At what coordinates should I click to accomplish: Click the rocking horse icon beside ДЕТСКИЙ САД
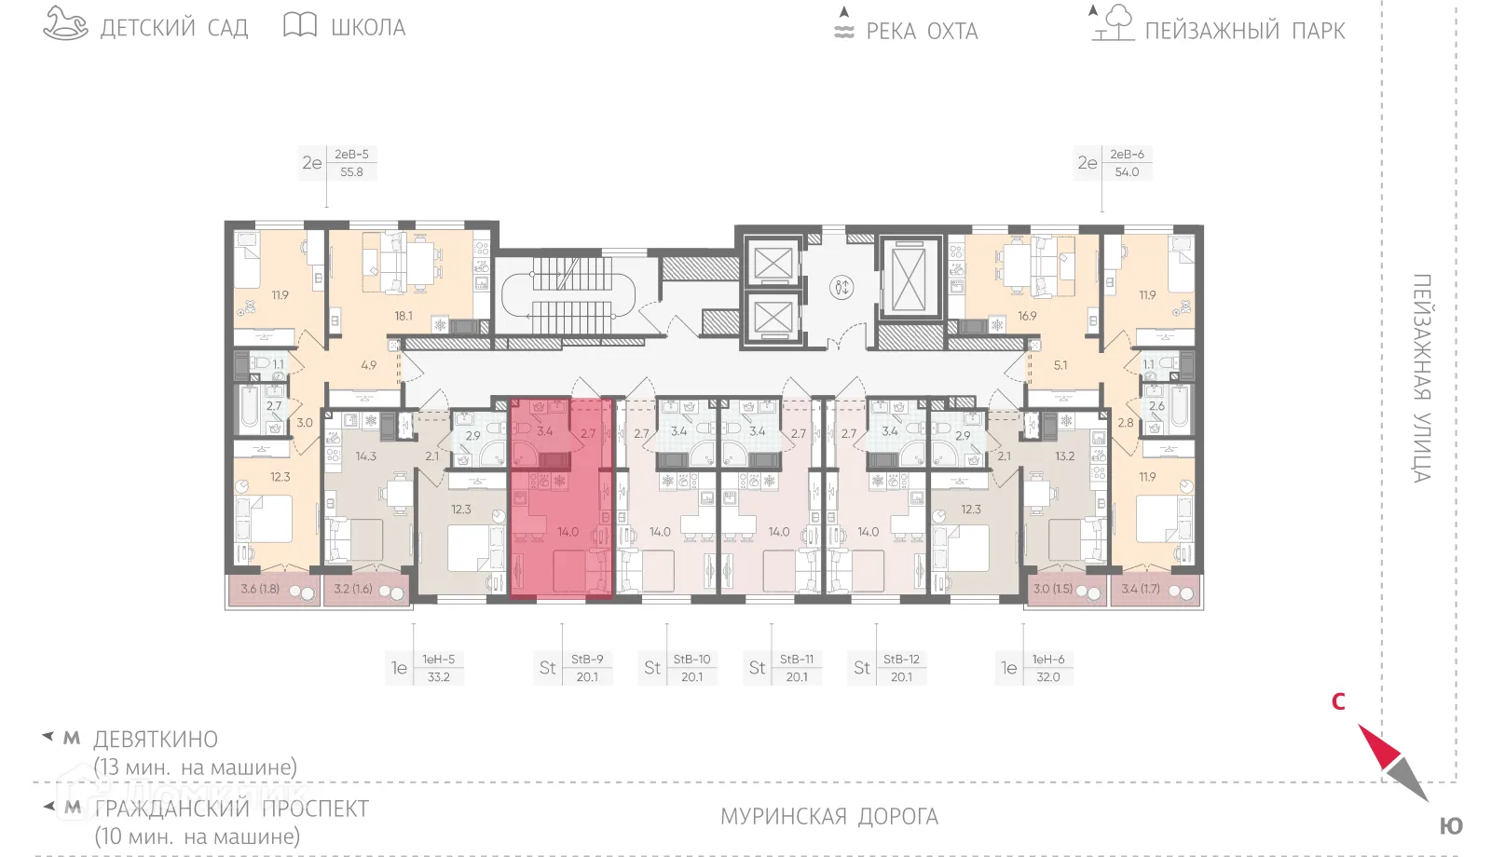tap(65, 24)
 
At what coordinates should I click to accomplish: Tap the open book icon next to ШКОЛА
tap(300, 25)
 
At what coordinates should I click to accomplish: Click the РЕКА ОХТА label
tap(922, 32)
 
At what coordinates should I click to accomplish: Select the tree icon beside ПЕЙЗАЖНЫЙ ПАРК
tap(1114, 23)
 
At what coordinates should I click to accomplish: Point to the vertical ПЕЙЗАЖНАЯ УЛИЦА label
tap(1421, 378)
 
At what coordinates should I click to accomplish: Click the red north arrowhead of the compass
tap(1377, 745)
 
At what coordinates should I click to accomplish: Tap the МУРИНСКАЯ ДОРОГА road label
tap(829, 817)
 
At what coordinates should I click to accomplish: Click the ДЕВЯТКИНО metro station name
tap(156, 740)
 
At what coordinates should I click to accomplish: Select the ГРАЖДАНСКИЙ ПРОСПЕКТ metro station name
tap(232, 809)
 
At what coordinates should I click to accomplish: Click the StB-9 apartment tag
tap(587, 660)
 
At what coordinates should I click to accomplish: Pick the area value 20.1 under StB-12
tap(901, 677)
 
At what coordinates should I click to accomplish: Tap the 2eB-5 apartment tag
tap(351, 155)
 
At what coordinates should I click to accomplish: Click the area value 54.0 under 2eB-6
tap(1127, 172)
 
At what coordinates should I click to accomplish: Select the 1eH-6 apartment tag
tap(1048, 660)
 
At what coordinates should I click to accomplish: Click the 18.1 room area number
tap(404, 316)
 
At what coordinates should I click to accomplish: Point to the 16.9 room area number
tap(1027, 316)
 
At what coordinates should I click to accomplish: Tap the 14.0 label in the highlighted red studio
tap(568, 532)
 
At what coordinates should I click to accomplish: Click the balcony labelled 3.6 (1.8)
tap(260, 589)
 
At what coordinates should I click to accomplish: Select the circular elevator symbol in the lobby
tap(841, 287)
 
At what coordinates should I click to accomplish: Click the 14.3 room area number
tap(365, 456)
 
